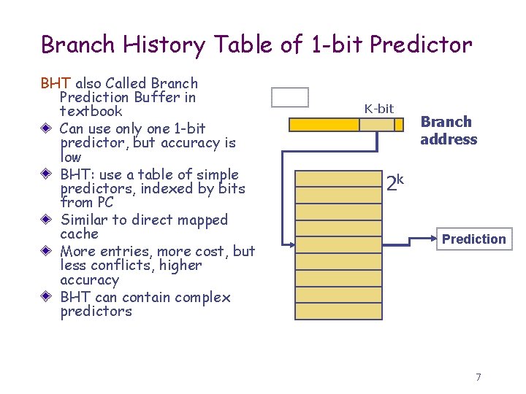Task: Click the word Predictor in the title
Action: pyautogui.click(x=421, y=45)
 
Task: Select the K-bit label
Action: pyautogui.click(x=378, y=109)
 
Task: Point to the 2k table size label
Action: pyautogui.click(x=395, y=182)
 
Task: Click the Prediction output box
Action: pyautogui.click(x=473, y=239)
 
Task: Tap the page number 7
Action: pyautogui.click(x=478, y=377)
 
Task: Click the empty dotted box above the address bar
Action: pyautogui.click(x=290, y=97)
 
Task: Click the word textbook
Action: pyautogui.click(x=91, y=112)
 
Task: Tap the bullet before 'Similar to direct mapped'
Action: pyautogui.click(x=46, y=220)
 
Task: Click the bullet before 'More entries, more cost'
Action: pyautogui.click(x=46, y=252)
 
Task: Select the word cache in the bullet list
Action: pyautogui.click(x=79, y=234)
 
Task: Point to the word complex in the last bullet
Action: pyautogui.click(x=203, y=298)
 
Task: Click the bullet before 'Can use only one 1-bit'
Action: pyautogui.click(x=46, y=129)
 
